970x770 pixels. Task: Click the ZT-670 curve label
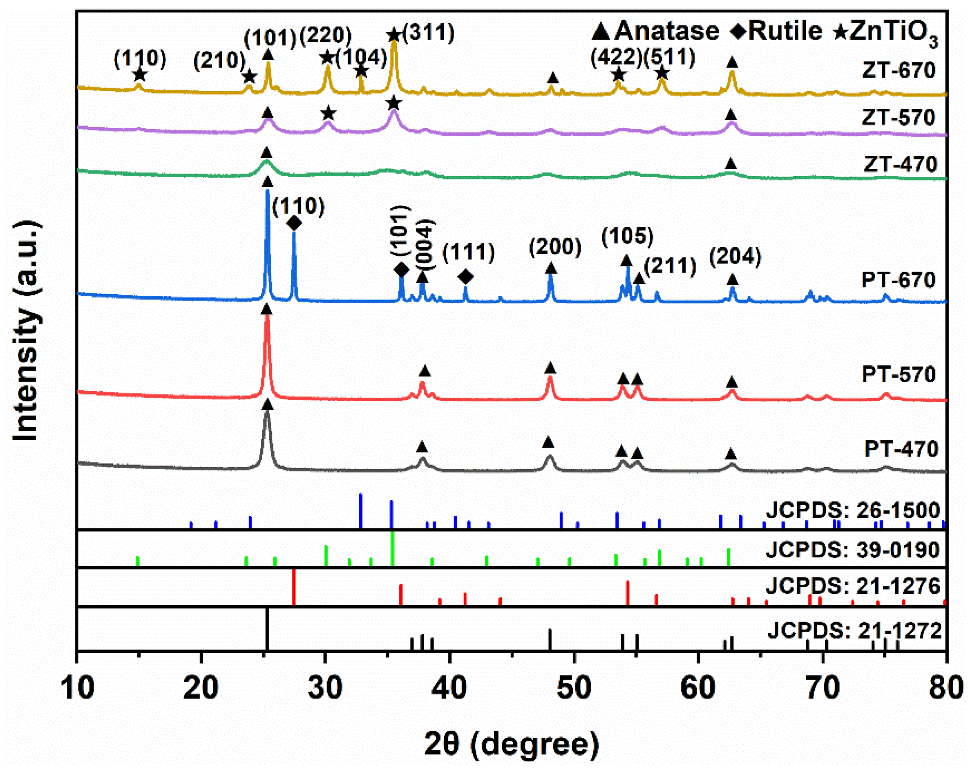899,70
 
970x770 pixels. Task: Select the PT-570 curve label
898,374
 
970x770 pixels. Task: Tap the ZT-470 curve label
900,164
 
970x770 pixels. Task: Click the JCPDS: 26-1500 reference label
853,510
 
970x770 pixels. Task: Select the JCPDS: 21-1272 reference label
854,631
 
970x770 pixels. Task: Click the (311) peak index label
428,32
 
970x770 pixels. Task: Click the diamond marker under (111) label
466,277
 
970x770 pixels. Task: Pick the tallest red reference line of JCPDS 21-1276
294,587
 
